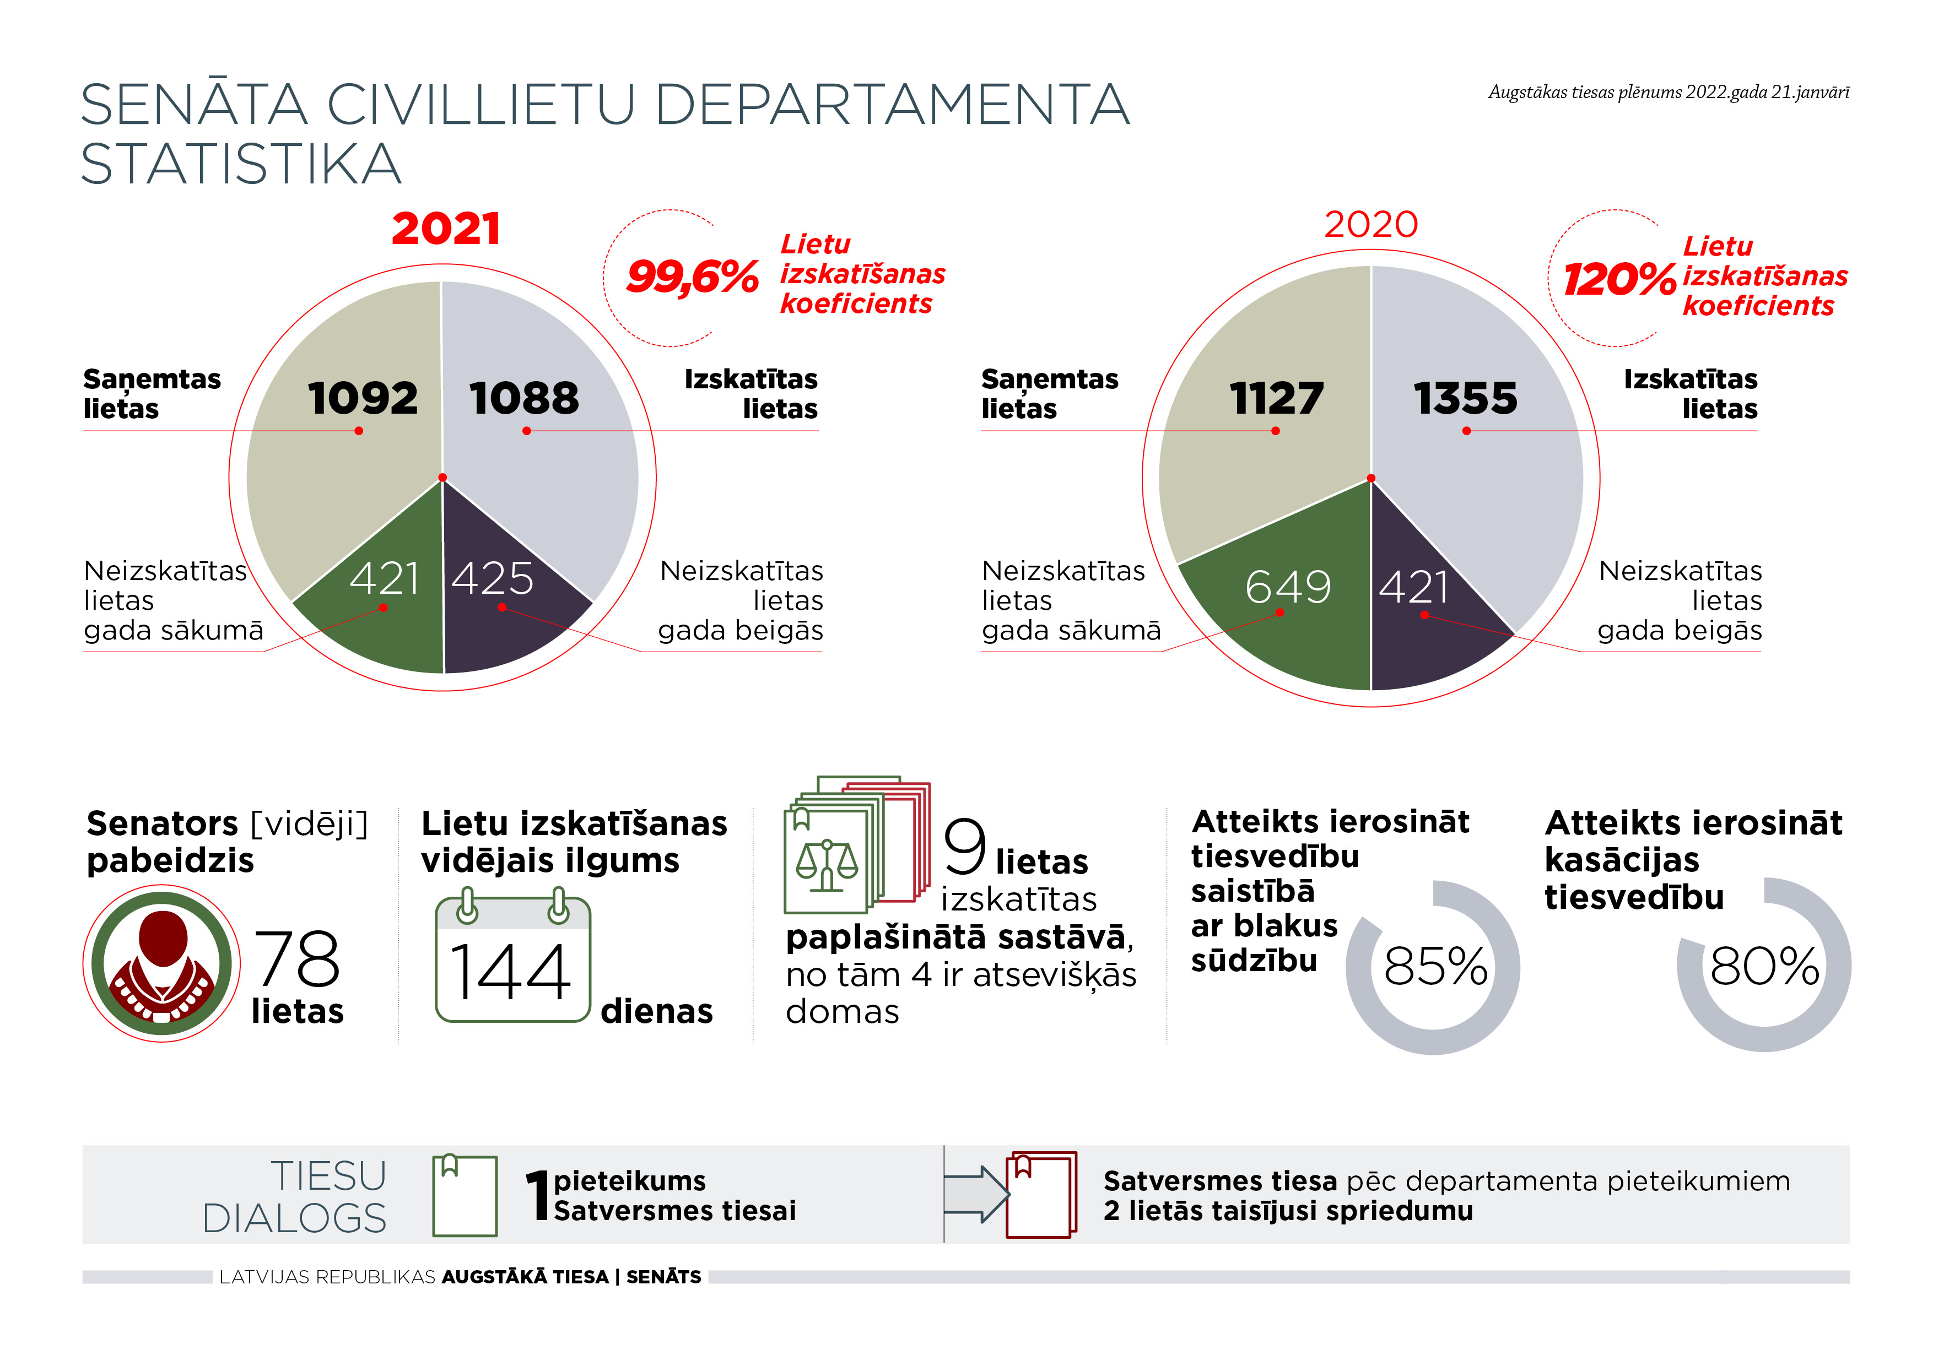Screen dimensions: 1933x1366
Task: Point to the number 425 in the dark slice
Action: point(493,578)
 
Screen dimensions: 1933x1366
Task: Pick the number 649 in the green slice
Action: point(1288,587)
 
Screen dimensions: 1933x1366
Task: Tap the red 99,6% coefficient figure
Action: point(692,277)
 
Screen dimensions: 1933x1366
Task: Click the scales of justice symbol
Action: point(827,864)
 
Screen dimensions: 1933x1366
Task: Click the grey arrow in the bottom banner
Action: point(976,1194)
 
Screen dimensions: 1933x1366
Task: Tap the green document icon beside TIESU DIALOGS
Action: point(465,1195)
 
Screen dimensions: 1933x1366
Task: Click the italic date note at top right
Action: point(1669,93)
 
